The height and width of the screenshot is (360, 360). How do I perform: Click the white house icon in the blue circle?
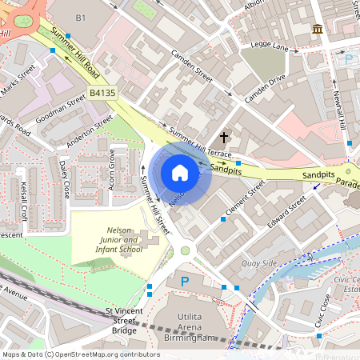coord(180,172)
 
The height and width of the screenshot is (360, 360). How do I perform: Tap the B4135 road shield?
coord(103,94)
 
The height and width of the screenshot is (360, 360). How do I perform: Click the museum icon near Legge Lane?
coord(318,30)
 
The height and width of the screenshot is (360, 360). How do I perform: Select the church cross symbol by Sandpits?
coord(223,137)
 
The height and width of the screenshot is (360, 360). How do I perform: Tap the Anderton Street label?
coord(91,132)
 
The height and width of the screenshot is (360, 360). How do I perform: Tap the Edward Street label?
coord(286,216)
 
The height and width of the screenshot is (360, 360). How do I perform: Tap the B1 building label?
coord(80,18)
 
